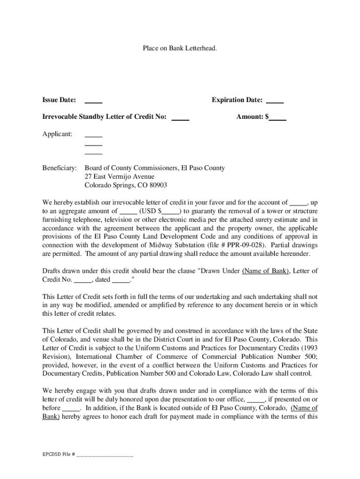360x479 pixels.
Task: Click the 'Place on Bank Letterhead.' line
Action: (180, 48)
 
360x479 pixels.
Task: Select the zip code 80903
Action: (157, 185)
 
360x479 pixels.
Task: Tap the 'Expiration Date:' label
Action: (237, 100)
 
